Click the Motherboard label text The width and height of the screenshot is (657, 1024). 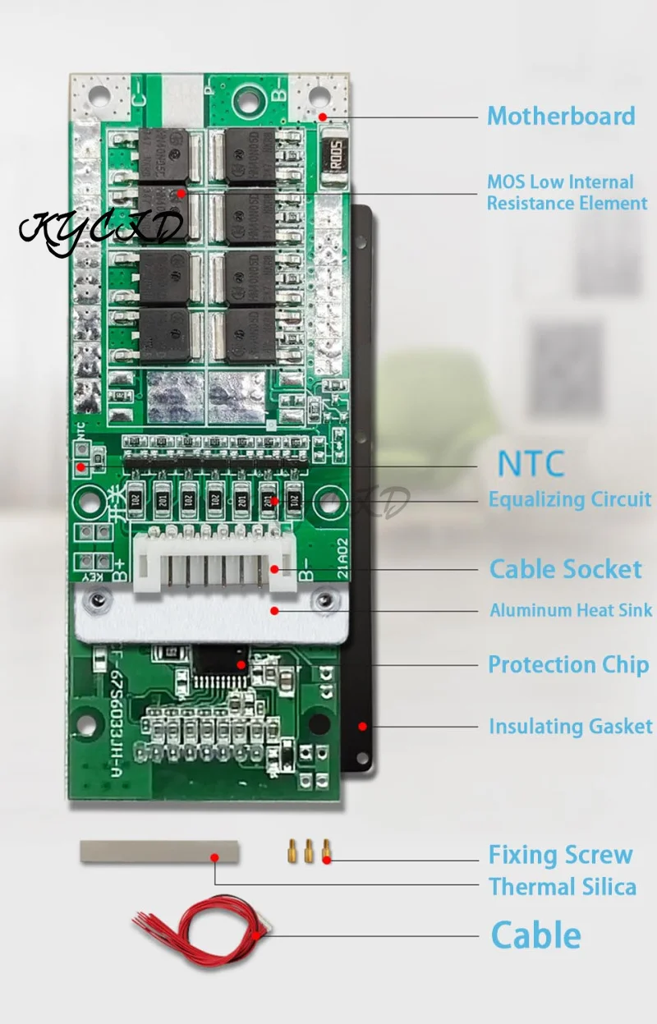point(561,116)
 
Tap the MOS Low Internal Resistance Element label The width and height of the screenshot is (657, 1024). point(567,193)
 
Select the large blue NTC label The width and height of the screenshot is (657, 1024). point(531,464)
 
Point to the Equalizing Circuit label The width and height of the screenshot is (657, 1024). point(570,499)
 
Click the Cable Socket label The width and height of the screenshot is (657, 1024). point(566,569)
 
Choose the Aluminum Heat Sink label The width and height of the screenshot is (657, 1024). point(571,610)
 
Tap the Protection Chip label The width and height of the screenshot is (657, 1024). point(568,664)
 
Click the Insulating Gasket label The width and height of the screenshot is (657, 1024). point(571,727)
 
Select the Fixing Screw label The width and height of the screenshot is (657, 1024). point(561,855)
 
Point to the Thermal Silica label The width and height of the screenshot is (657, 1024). point(563,887)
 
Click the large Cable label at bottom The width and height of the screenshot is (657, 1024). point(535,935)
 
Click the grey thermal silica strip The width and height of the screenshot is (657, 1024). point(159,851)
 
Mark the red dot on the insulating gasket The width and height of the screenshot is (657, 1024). point(361,727)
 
